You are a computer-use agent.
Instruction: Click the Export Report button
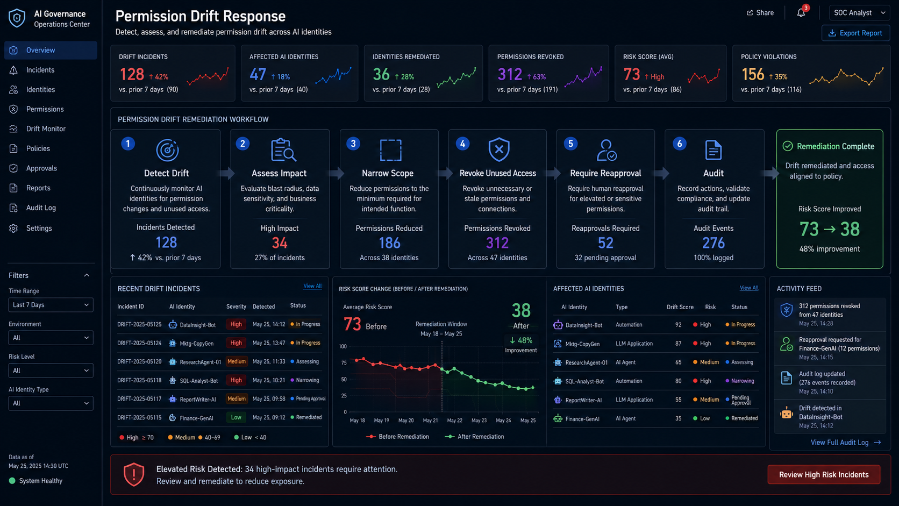pos(855,33)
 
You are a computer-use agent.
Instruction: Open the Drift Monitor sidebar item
pos(45,129)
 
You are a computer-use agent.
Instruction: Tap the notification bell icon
pos(801,13)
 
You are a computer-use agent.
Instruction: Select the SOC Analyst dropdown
pos(859,13)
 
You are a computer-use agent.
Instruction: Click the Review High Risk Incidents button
pos(824,475)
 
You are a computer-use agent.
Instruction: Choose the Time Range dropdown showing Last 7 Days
pos(51,305)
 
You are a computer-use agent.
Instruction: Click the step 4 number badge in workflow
pos(463,144)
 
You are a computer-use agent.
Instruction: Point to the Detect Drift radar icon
pos(167,150)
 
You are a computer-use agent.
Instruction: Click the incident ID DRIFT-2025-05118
pos(139,380)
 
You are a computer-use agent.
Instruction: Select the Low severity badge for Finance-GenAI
pos(236,417)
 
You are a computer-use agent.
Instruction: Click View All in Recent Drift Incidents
pos(312,286)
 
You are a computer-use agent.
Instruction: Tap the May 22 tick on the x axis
pos(454,421)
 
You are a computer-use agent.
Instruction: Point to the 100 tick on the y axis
pos(343,346)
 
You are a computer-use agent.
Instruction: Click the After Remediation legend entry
pos(474,437)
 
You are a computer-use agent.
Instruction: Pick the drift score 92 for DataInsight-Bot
pos(678,325)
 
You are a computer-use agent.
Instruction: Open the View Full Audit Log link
pos(846,443)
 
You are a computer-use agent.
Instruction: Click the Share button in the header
pos(760,13)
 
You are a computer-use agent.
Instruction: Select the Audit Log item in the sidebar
pos(40,208)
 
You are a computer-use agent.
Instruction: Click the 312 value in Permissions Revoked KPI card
pos(509,74)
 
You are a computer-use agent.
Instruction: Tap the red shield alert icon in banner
pos(134,474)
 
